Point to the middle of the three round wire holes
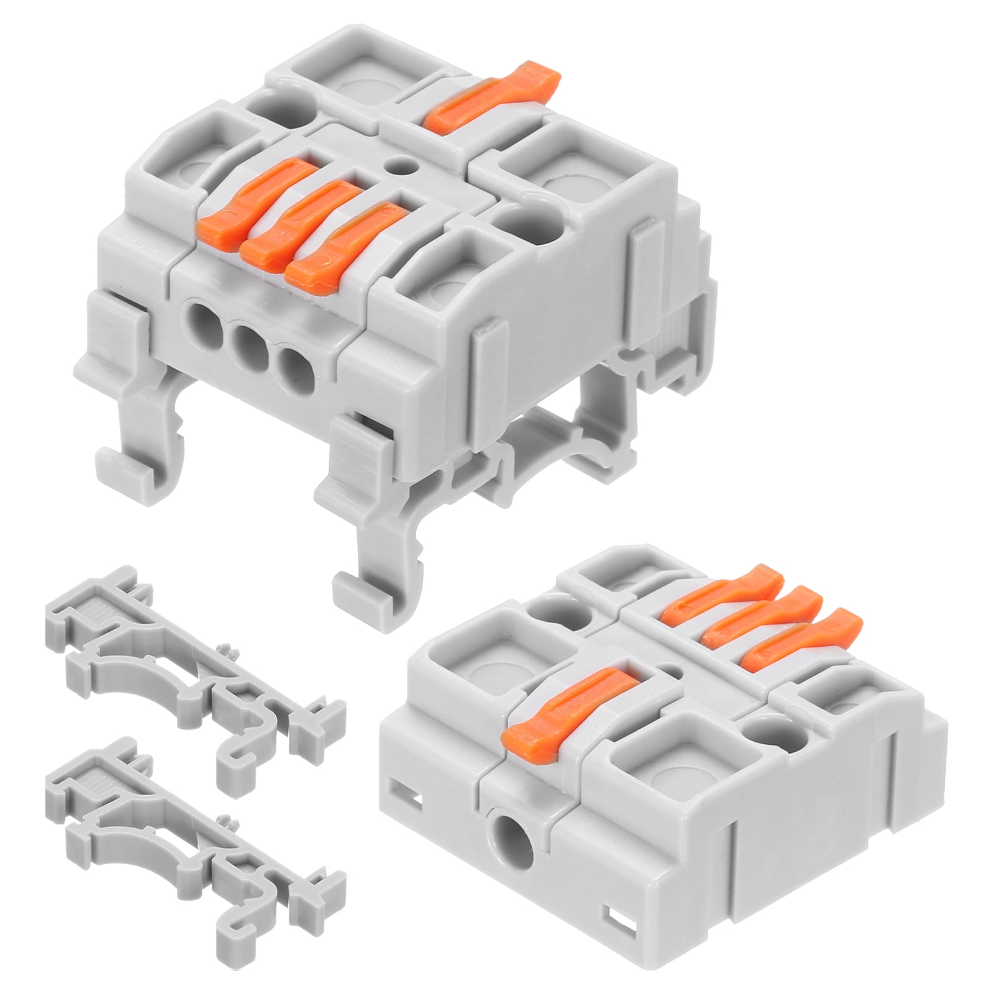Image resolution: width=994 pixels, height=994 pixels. point(244,343)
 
